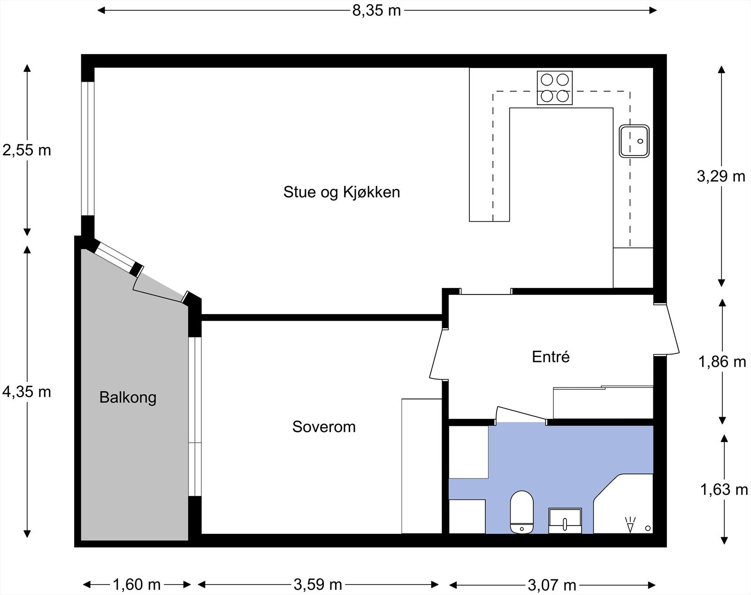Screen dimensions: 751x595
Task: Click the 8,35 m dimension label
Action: (x=376, y=11)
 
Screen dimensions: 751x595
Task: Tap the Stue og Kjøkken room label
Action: (x=342, y=193)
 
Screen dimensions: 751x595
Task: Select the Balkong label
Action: (x=128, y=398)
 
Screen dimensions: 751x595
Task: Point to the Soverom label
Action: (x=324, y=427)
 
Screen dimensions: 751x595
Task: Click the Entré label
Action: (x=551, y=356)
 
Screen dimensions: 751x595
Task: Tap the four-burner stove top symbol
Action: (x=554, y=88)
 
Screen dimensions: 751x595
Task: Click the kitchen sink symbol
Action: (x=634, y=141)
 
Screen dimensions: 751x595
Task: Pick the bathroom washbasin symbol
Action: (x=565, y=521)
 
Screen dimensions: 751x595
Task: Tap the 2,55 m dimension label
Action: (x=27, y=150)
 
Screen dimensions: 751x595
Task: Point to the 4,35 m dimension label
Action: (x=27, y=392)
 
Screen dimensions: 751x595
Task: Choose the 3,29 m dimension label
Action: (x=721, y=176)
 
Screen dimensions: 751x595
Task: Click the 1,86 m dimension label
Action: (x=722, y=362)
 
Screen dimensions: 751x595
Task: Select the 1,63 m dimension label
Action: (x=724, y=489)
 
